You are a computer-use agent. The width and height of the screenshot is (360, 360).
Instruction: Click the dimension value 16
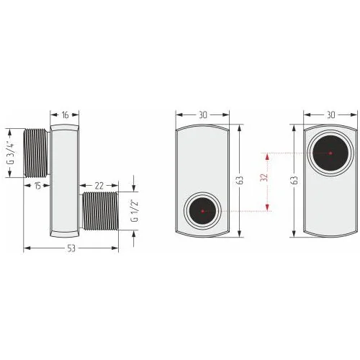(65, 115)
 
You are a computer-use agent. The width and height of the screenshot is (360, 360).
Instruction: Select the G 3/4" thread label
(11, 153)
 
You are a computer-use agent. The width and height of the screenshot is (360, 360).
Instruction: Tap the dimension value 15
(37, 186)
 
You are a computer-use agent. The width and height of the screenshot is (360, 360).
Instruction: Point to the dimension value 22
(99, 186)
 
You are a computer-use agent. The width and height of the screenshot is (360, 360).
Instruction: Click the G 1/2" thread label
(135, 211)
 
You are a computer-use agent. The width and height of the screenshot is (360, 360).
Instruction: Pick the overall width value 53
(71, 248)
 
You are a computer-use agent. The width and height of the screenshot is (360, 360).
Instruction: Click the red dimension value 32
(264, 178)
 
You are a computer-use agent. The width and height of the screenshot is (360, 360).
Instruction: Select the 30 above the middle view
(203, 115)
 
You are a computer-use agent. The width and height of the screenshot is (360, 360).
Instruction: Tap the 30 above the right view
(330, 115)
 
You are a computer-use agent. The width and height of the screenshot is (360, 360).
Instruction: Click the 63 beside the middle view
(240, 180)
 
